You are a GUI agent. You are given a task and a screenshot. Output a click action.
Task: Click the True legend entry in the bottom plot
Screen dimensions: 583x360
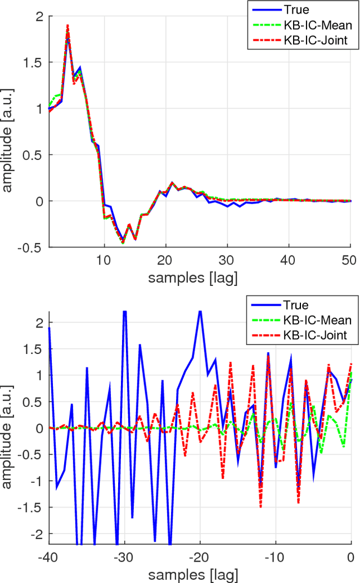296,306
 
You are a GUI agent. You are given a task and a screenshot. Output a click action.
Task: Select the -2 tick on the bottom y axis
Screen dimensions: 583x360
37,533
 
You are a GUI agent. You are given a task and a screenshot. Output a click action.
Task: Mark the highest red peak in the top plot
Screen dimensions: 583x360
67,25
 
